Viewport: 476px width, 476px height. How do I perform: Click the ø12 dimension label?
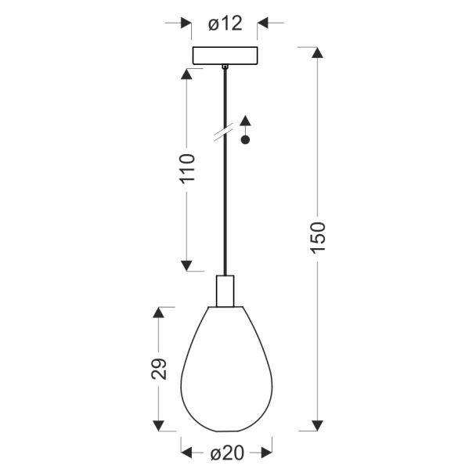(225, 23)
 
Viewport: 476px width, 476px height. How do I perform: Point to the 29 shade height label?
(159, 369)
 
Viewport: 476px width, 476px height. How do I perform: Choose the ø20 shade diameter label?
(227, 453)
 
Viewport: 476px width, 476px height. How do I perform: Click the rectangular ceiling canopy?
(225, 56)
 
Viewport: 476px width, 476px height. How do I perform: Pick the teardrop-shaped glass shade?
(226, 369)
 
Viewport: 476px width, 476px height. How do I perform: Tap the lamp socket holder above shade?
(225, 290)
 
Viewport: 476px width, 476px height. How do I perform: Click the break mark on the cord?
(224, 132)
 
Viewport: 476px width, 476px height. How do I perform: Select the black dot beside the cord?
(245, 139)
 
